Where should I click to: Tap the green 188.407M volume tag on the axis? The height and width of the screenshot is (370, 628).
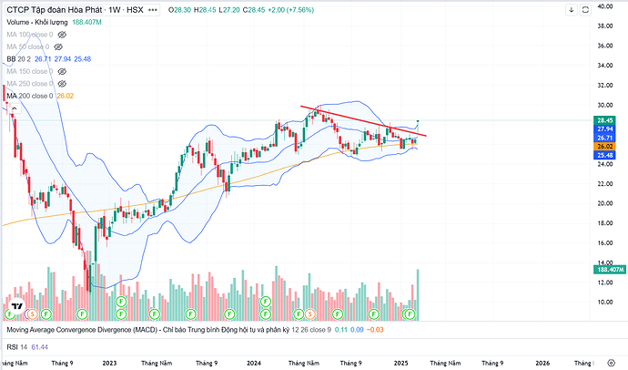pyautogui.click(x=609, y=270)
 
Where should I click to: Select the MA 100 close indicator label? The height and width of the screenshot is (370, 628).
pyautogui.click(x=30, y=33)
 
